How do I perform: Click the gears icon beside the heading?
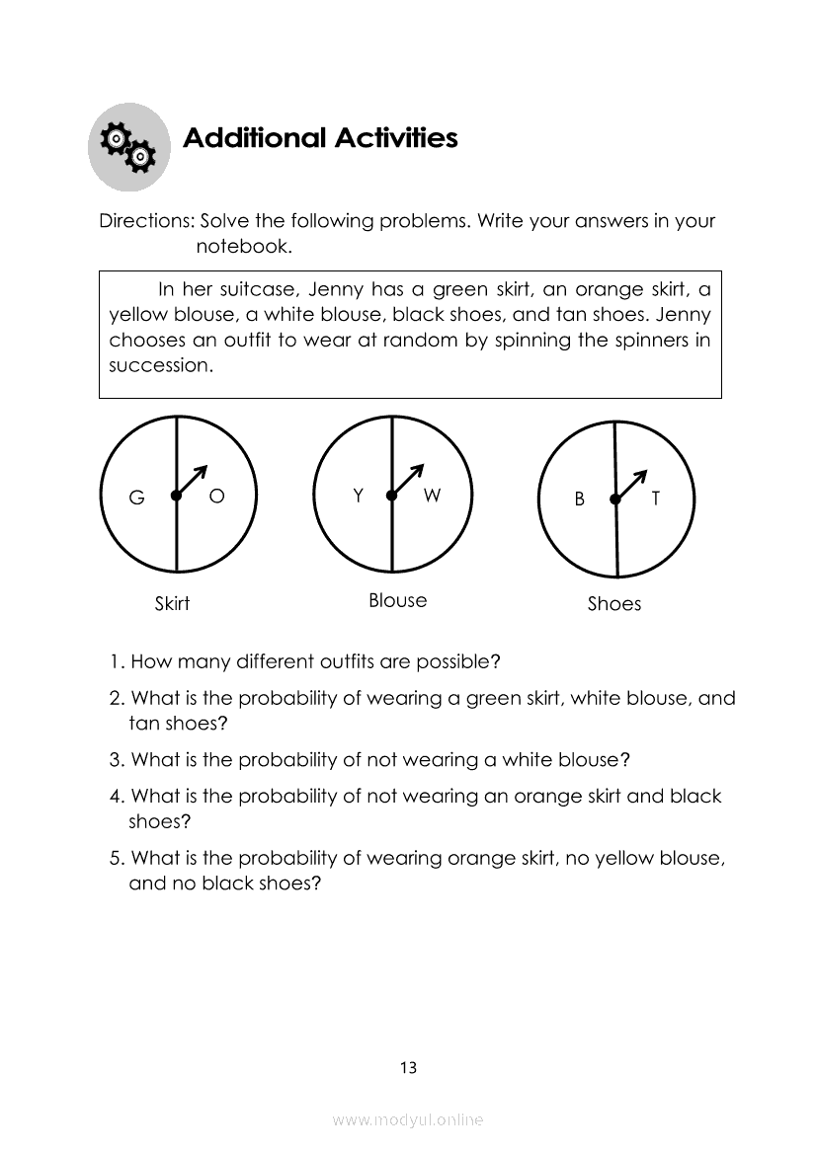pos(129,147)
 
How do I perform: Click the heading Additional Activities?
pos(320,138)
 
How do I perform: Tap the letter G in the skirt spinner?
pos(136,499)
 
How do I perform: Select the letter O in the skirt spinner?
pos(216,497)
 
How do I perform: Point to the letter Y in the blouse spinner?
pos(359,496)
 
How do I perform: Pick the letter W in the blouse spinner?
pos(432,496)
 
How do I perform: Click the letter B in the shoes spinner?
pos(580,500)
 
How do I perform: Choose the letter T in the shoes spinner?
pos(655,500)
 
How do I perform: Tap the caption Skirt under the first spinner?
pos(172,603)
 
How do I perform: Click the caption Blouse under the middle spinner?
pos(397,600)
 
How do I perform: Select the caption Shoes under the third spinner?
pos(613,604)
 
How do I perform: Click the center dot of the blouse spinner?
pos(391,496)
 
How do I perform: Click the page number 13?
pos(408,1067)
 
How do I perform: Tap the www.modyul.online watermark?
pos(408,1119)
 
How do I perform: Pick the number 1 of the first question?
pos(115,660)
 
